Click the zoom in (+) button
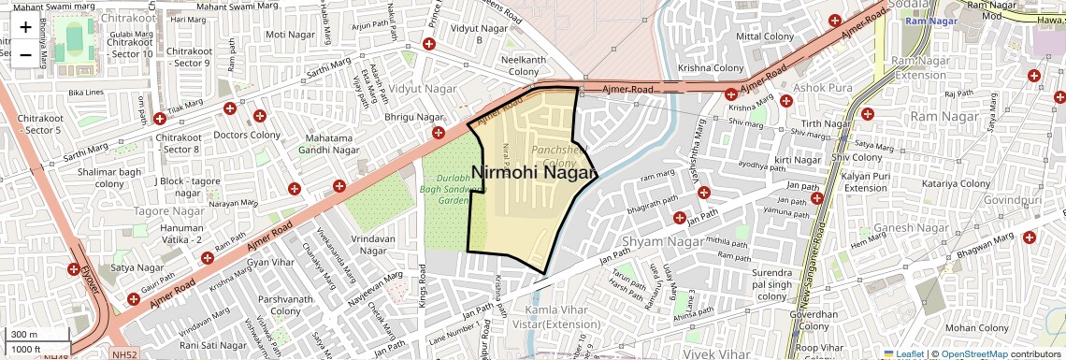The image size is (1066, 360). (25, 28)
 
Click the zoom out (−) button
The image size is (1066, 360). (25, 54)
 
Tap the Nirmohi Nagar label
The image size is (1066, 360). (534, 173)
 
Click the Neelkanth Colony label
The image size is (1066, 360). (523, 65)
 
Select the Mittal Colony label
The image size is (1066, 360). (765, 36)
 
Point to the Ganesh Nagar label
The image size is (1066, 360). (906, 228)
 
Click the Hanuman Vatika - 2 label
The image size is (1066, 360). (181, 234)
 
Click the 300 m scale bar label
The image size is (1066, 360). (24, 335)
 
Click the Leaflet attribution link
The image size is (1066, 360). (910, 353)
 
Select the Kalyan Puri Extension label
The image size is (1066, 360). (865, 182)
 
